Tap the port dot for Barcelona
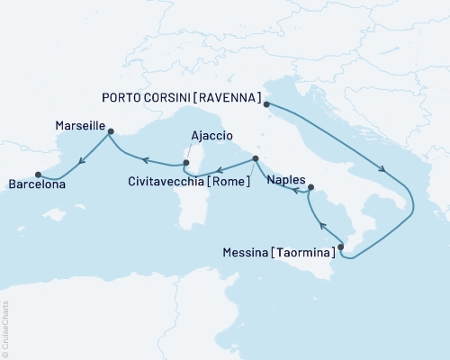[38, 175]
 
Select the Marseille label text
[80, 125]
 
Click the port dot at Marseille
[110, 131]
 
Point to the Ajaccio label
[207, 138]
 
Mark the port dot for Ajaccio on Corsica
[185, 163]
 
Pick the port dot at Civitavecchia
[256, 159]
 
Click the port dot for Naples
[310, 188]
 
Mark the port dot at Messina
[340, 245]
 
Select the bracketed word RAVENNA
[234, 97]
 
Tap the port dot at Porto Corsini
[266, 103]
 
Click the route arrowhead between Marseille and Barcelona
[81, 160]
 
